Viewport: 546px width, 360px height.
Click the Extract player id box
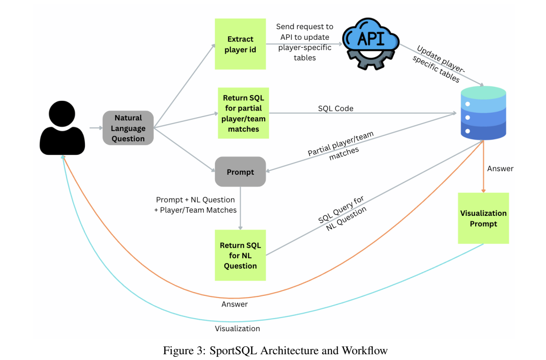(240, 44)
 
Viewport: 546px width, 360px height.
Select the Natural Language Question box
(128, 128)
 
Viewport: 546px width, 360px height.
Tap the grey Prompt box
(240, 172)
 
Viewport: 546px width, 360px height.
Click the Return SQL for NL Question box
(240, 255)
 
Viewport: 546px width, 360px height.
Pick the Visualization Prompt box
(483, 218)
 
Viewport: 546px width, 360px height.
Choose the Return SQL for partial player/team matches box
(243, 113)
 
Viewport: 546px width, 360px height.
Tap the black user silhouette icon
(62, 128)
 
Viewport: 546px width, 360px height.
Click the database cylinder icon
(483, 114)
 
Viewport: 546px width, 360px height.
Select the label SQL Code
(335, 108)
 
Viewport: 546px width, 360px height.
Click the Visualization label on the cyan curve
(237, 329)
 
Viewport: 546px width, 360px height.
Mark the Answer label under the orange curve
(235, 304)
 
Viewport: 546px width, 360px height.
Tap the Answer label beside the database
(500, 169)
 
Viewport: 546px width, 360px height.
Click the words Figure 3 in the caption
(182, 351)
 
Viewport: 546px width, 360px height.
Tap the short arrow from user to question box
(95, 128)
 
